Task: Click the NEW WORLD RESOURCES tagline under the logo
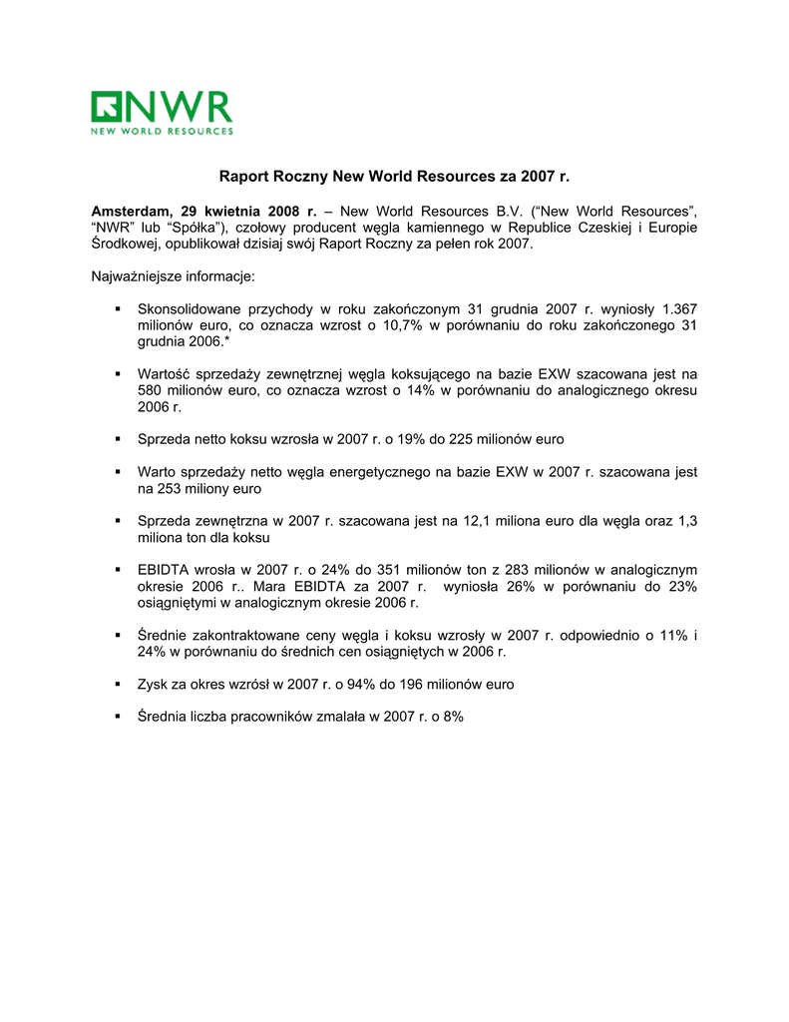[x=162, y=131]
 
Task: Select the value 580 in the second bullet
[x=151, y=390]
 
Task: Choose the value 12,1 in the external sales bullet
[x=475, y=521]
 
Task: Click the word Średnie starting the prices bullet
[x=165, y=635]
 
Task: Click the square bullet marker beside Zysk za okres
[x=119, y=684]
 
